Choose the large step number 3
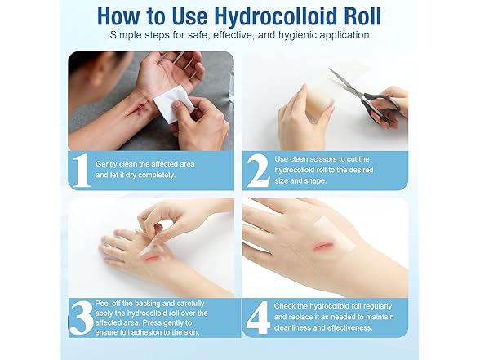79,317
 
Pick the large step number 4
257,317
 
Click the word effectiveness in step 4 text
346,327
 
